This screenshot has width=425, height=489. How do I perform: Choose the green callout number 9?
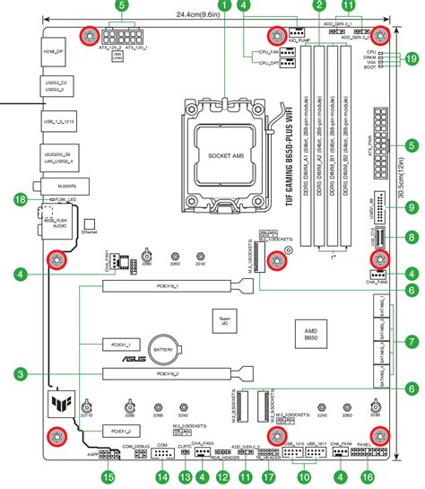click(x=412, y=207)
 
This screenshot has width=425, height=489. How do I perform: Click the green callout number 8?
click(x=412, y=238)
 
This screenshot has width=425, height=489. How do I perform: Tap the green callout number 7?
click(x=412, y=341)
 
